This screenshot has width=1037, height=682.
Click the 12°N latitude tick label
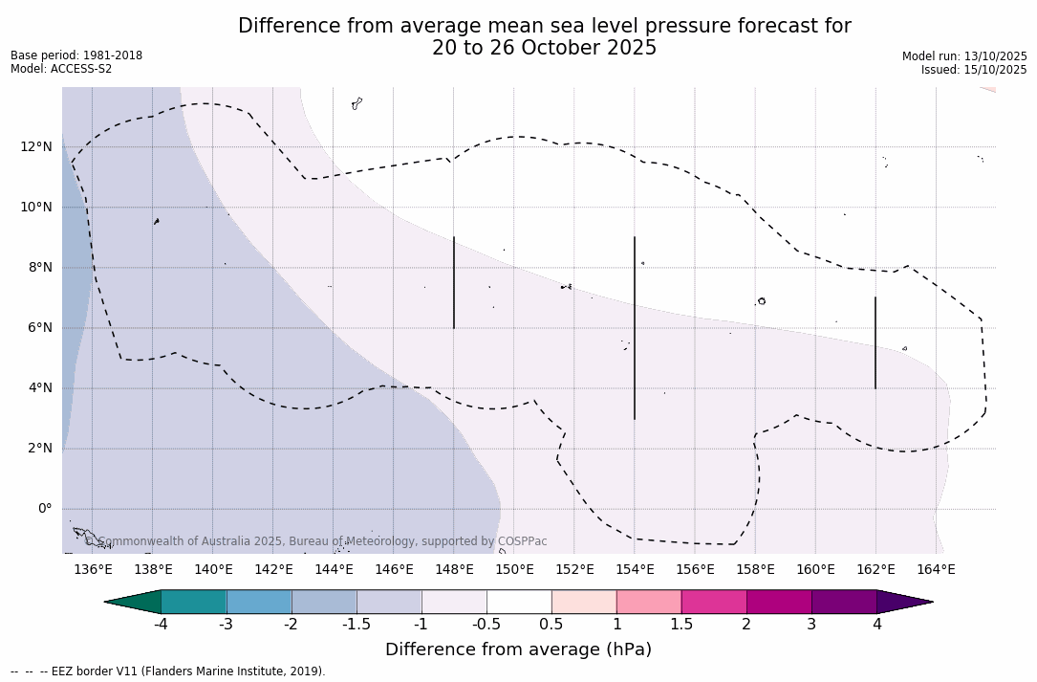(36, 146)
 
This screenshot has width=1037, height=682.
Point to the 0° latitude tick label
(44, 509)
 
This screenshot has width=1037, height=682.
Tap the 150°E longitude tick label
(514, 570)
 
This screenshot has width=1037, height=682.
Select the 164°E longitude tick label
(936, 570)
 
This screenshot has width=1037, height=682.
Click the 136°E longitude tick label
(93, 570)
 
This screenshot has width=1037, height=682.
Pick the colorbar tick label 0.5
(551, 625)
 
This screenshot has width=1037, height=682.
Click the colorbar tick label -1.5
(356, 625)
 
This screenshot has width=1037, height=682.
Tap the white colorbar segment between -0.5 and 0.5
(519, 602)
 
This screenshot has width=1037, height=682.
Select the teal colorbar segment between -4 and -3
(194, 602)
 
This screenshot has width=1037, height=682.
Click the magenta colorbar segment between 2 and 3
(779, 602)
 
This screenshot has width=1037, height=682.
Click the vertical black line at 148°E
(454, 282)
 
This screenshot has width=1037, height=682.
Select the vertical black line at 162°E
(875, 342)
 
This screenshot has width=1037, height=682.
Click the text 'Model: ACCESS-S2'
(61, 69)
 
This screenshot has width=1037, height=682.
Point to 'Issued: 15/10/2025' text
(974, 70)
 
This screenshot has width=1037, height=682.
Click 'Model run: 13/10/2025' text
(964, 56)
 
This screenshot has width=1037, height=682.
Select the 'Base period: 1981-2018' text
(76, 55)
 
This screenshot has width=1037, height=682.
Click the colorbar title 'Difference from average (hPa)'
(518, 649)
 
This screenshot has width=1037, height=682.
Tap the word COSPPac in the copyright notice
(522, 541)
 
